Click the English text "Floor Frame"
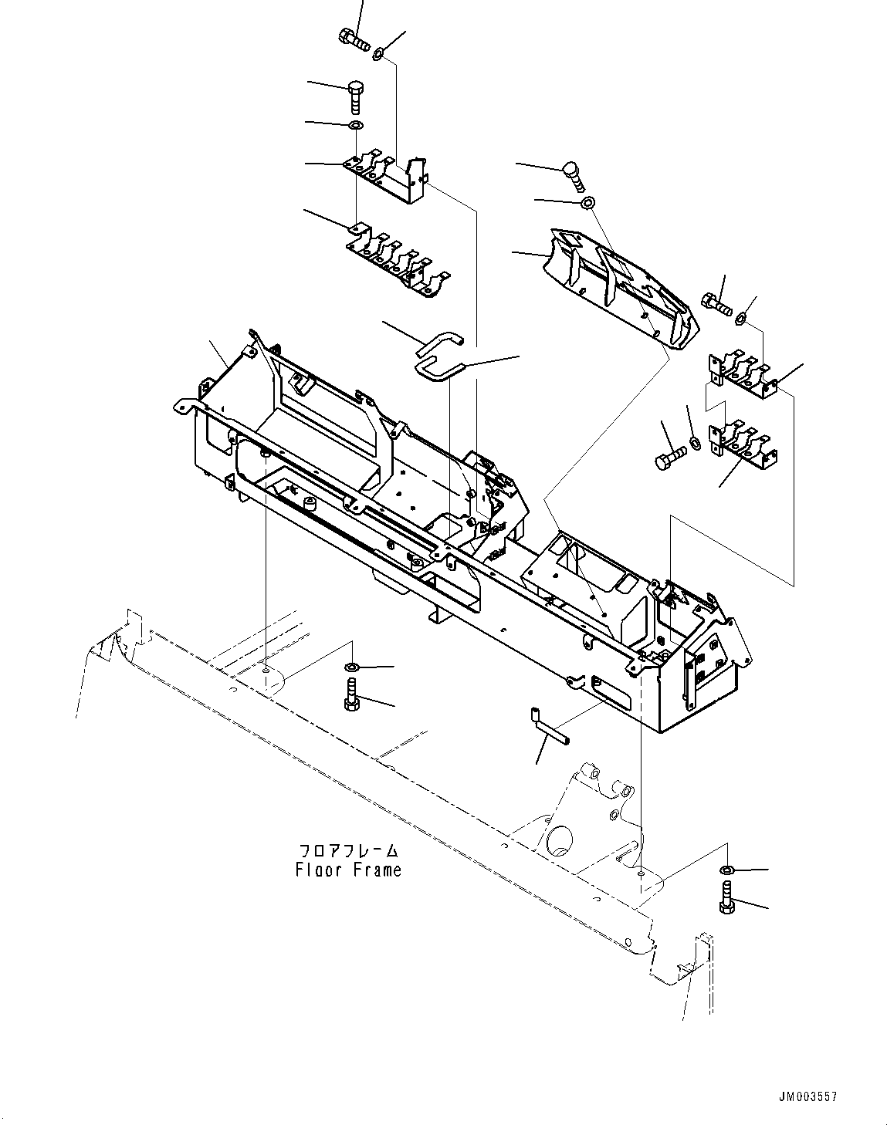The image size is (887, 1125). click(348, 870)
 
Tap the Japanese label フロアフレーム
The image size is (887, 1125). click(348, 851)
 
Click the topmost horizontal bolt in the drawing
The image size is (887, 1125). click(354, 36)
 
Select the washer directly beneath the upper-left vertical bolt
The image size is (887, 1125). click(355, 125)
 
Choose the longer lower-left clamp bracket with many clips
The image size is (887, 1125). click(398, 260)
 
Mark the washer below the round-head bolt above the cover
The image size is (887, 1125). click(587, 203)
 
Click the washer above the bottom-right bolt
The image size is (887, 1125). click(726, 870)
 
